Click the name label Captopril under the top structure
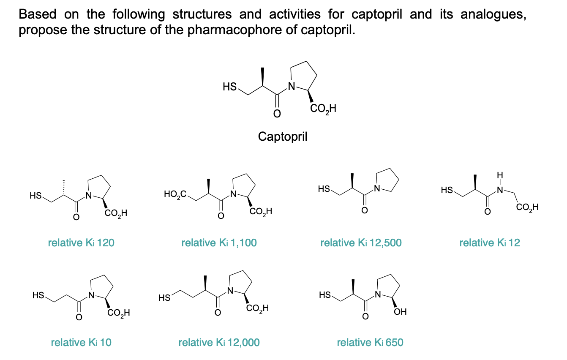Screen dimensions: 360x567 coord(283,136)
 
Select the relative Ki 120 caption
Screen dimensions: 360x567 coord(82,243)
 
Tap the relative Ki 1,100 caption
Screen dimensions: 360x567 coord(219,243)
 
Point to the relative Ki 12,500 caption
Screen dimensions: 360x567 coord(361,243)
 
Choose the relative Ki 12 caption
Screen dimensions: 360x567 coord(490,243)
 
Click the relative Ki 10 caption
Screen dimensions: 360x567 coord(81,342)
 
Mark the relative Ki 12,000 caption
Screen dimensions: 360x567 coord(219,342)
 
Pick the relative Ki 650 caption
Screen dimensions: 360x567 coord(370,342)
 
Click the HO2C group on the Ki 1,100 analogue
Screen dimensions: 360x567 coord(175,194)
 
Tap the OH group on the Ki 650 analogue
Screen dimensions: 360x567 coord(400,312)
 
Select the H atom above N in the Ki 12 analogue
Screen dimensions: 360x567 coord(500,174)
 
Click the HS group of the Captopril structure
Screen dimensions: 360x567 coord(229,87)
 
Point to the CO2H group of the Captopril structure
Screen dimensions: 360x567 coord(323,109)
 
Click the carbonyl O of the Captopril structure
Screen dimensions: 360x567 coord(277,114)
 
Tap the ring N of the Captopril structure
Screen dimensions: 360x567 coord(291,87)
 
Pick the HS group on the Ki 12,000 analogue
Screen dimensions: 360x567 coord(165,297)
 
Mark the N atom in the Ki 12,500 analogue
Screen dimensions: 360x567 coord(377,188)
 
